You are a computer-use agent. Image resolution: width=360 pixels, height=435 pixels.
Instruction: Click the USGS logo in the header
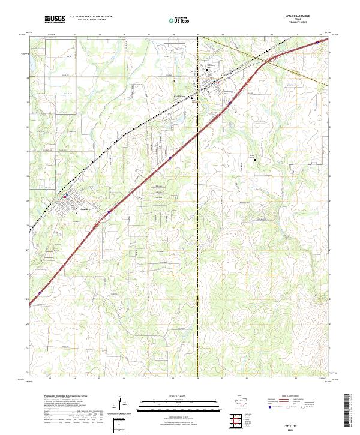[x=54, y=20]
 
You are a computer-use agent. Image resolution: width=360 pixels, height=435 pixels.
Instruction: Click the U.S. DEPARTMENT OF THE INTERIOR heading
[x=91, y=17]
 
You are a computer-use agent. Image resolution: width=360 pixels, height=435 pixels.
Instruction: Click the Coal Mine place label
[x=180, y=96]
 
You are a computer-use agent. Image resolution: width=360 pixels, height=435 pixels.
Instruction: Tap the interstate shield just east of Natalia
[x=109, y=212]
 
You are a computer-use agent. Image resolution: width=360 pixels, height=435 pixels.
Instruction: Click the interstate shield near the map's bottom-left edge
[x=40, y=292]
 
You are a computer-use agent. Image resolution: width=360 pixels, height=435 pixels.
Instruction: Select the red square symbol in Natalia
[x=66, y=196]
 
